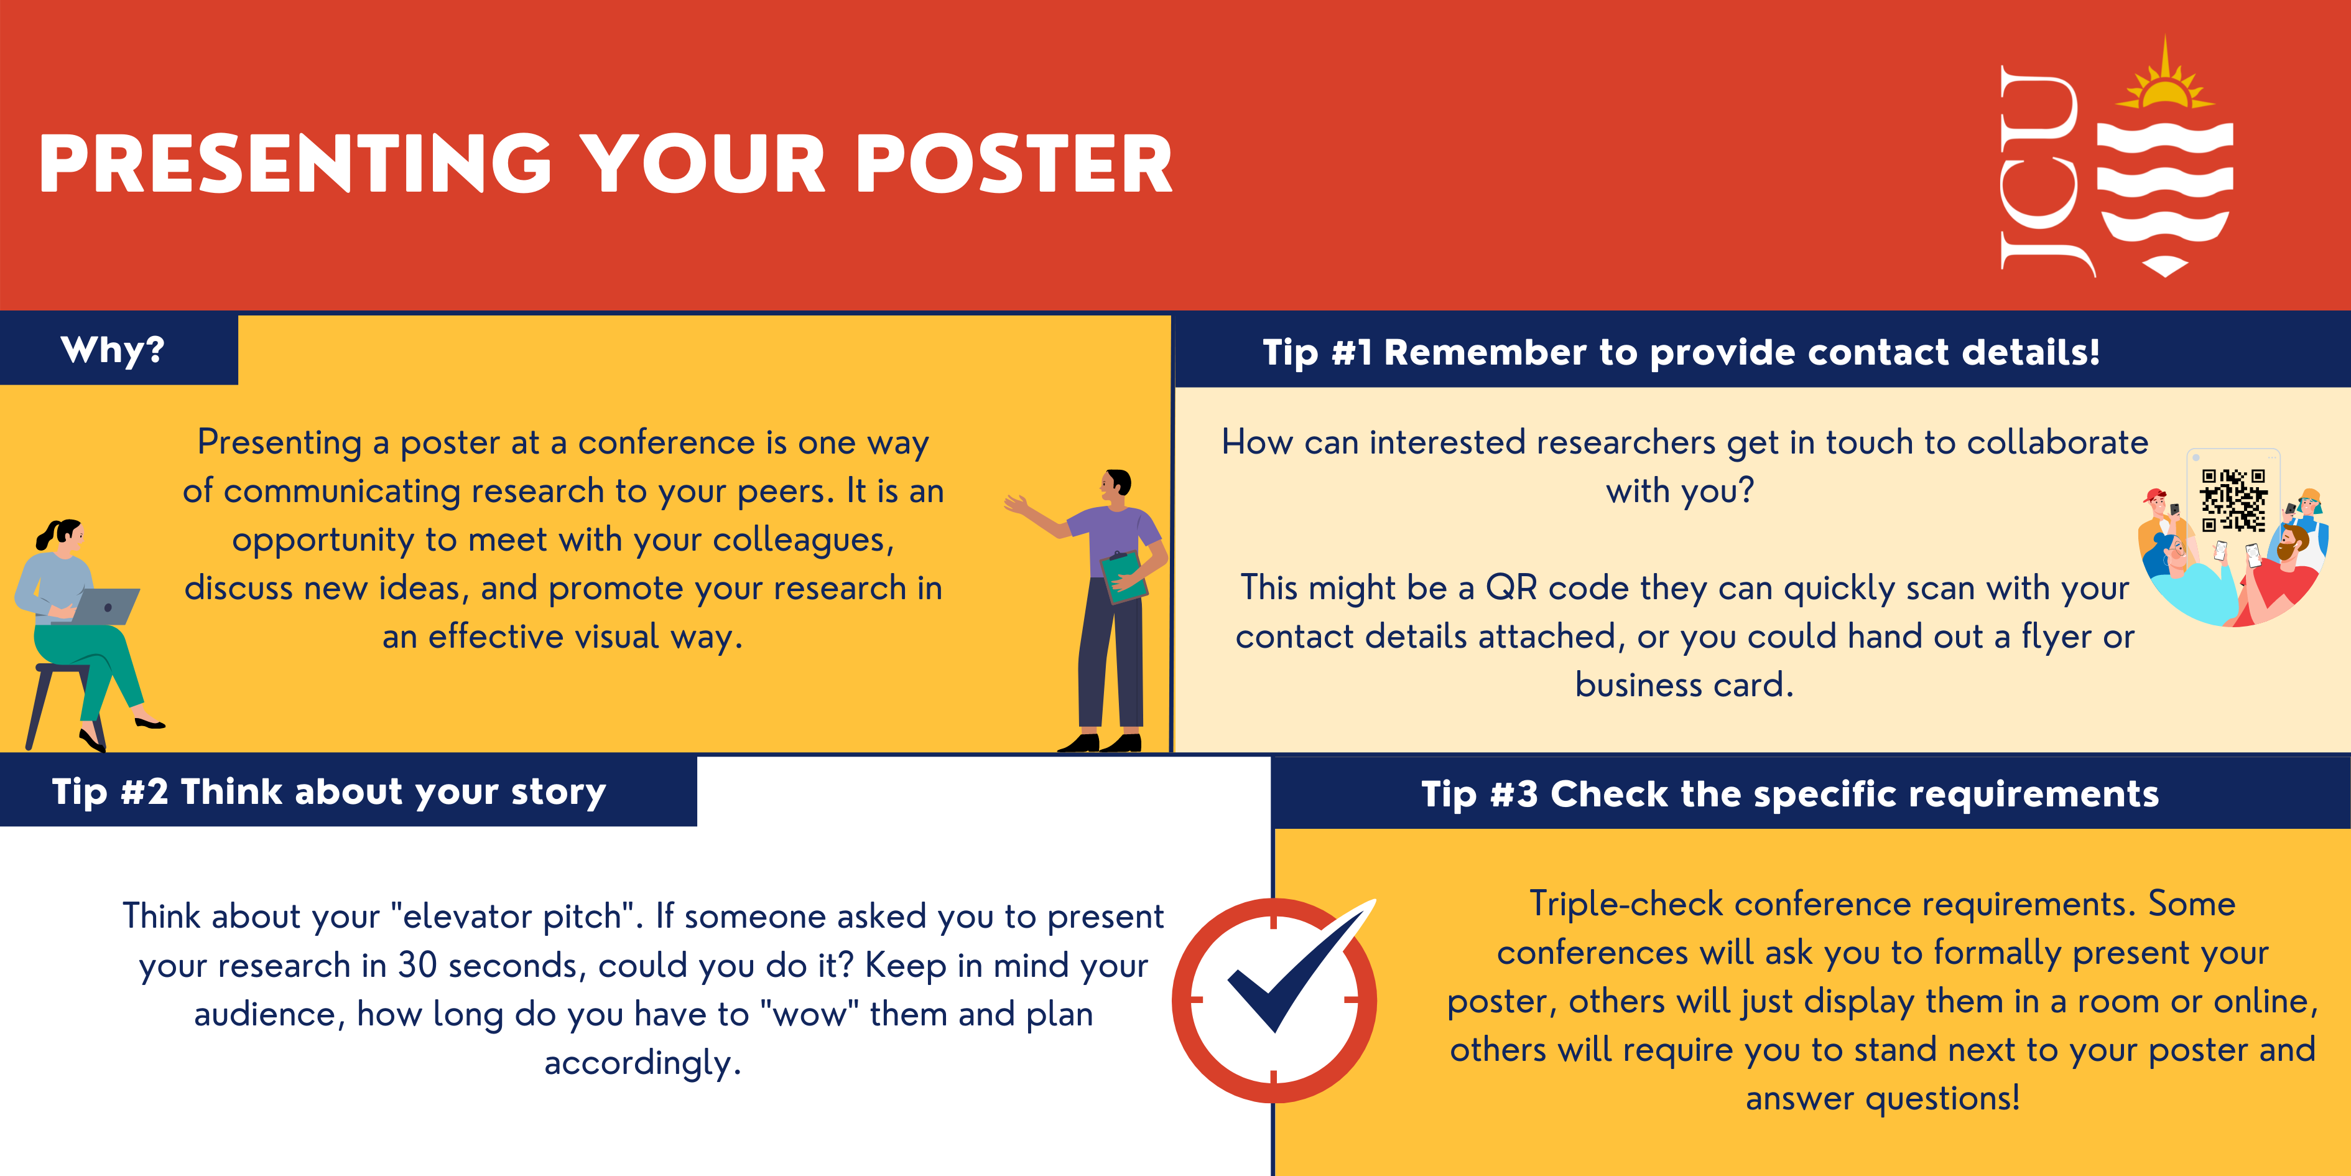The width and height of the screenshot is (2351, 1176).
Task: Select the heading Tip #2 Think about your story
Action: coord(328,791)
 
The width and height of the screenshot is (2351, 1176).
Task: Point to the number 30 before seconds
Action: coord(417,965)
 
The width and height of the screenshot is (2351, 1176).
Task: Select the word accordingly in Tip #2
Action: coord(642,1063)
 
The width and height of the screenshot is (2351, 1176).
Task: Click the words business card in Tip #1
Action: coord(1684,685)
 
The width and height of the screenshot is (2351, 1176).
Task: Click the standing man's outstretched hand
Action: coord(1015,502)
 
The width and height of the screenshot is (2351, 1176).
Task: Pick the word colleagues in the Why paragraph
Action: coord(803,539)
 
